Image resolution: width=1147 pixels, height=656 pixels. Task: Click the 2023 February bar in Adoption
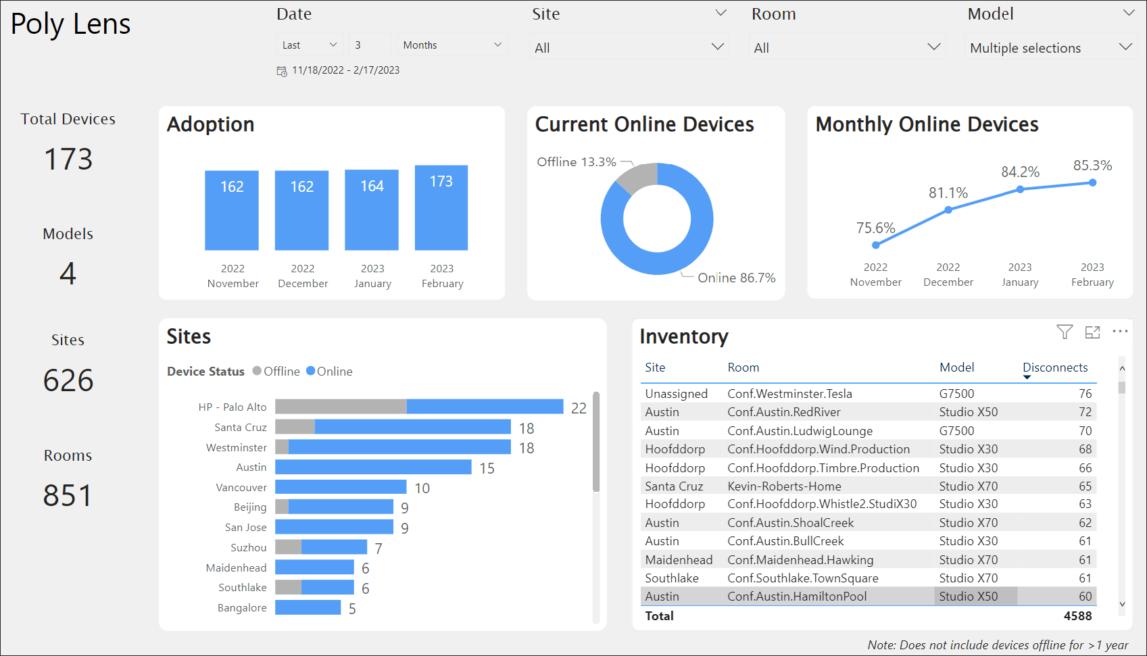[441, 208]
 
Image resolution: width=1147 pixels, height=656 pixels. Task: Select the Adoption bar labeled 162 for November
[232, 210]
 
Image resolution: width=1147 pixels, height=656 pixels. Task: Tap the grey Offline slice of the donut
[636, 176]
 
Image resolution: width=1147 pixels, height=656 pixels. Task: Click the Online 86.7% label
[736, 278]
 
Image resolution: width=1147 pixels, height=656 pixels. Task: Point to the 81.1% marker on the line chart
[948, 210]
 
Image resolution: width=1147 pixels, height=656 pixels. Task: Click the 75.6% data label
[875, 228]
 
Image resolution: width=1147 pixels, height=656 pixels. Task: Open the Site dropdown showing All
[629, 48]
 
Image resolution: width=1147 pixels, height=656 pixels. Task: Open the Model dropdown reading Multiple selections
[1050, 48]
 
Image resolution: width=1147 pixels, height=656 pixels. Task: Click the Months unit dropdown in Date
[452, 45]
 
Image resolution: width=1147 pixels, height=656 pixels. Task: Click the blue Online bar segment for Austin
[373, 468]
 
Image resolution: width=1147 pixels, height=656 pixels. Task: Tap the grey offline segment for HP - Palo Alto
[341, 407]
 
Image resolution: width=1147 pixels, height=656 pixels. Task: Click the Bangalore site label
[242, 608]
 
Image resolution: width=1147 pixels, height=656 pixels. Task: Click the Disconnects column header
[1054, 368]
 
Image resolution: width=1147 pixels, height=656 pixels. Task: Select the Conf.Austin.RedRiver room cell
[784, 412]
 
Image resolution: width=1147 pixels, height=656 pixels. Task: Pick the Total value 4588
[1077, 616]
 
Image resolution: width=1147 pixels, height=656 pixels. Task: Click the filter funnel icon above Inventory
[1065, 332]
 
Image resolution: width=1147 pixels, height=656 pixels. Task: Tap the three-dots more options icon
[1120, 332]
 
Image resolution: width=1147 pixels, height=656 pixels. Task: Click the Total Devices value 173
[68, 159]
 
